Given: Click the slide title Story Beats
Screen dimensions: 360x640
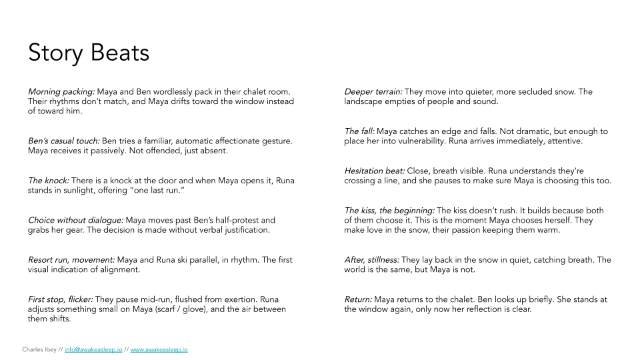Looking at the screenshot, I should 89,53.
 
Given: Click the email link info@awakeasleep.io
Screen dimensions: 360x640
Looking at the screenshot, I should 93,349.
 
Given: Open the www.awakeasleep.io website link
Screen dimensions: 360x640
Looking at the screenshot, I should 159,349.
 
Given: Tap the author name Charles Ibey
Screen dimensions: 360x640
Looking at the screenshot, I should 41,349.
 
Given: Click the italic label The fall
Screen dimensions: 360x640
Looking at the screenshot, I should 359,131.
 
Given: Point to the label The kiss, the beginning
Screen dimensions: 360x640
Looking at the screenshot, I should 389,211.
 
